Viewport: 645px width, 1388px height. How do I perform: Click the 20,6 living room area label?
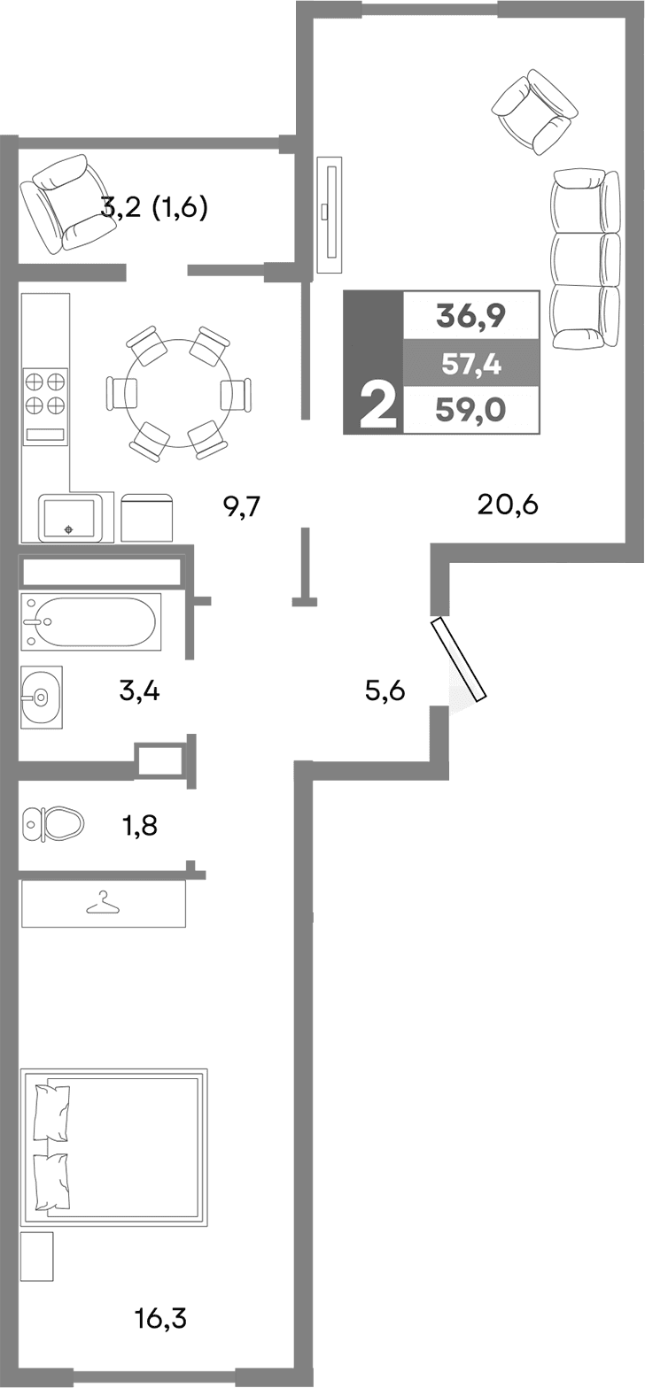point(508,505)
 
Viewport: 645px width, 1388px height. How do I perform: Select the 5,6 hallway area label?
point(385,690)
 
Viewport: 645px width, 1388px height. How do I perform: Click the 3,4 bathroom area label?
point(139,690)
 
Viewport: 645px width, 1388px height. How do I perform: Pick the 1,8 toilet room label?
point(140,826)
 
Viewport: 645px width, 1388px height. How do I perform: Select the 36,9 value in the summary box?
point(470,315)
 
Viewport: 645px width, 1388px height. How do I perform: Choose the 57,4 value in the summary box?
point(470,362)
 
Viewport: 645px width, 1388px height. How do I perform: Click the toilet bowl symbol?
point(54,824)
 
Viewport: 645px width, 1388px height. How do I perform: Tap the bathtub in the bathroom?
point(90,621)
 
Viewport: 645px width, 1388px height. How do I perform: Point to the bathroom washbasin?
point(41,697)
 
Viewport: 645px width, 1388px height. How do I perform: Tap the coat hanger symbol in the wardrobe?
point(103,903)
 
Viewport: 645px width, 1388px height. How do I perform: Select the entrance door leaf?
point(459,660)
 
